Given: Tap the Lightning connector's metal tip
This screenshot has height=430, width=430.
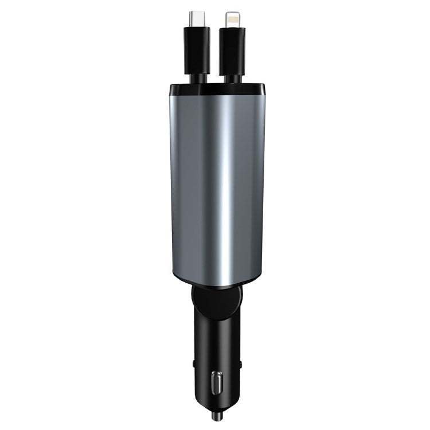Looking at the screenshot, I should click(232, 18).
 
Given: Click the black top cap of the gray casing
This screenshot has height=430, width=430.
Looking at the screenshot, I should click(217, 89).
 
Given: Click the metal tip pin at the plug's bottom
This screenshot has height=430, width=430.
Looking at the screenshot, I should click(217, 413).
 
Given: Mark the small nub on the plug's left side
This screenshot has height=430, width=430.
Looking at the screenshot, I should click(194, 363).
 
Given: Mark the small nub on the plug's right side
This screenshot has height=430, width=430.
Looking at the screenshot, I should click(240, 363).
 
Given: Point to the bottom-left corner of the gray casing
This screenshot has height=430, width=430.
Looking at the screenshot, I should click(174, 273).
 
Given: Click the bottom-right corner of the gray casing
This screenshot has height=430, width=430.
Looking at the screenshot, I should click(263, 273).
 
